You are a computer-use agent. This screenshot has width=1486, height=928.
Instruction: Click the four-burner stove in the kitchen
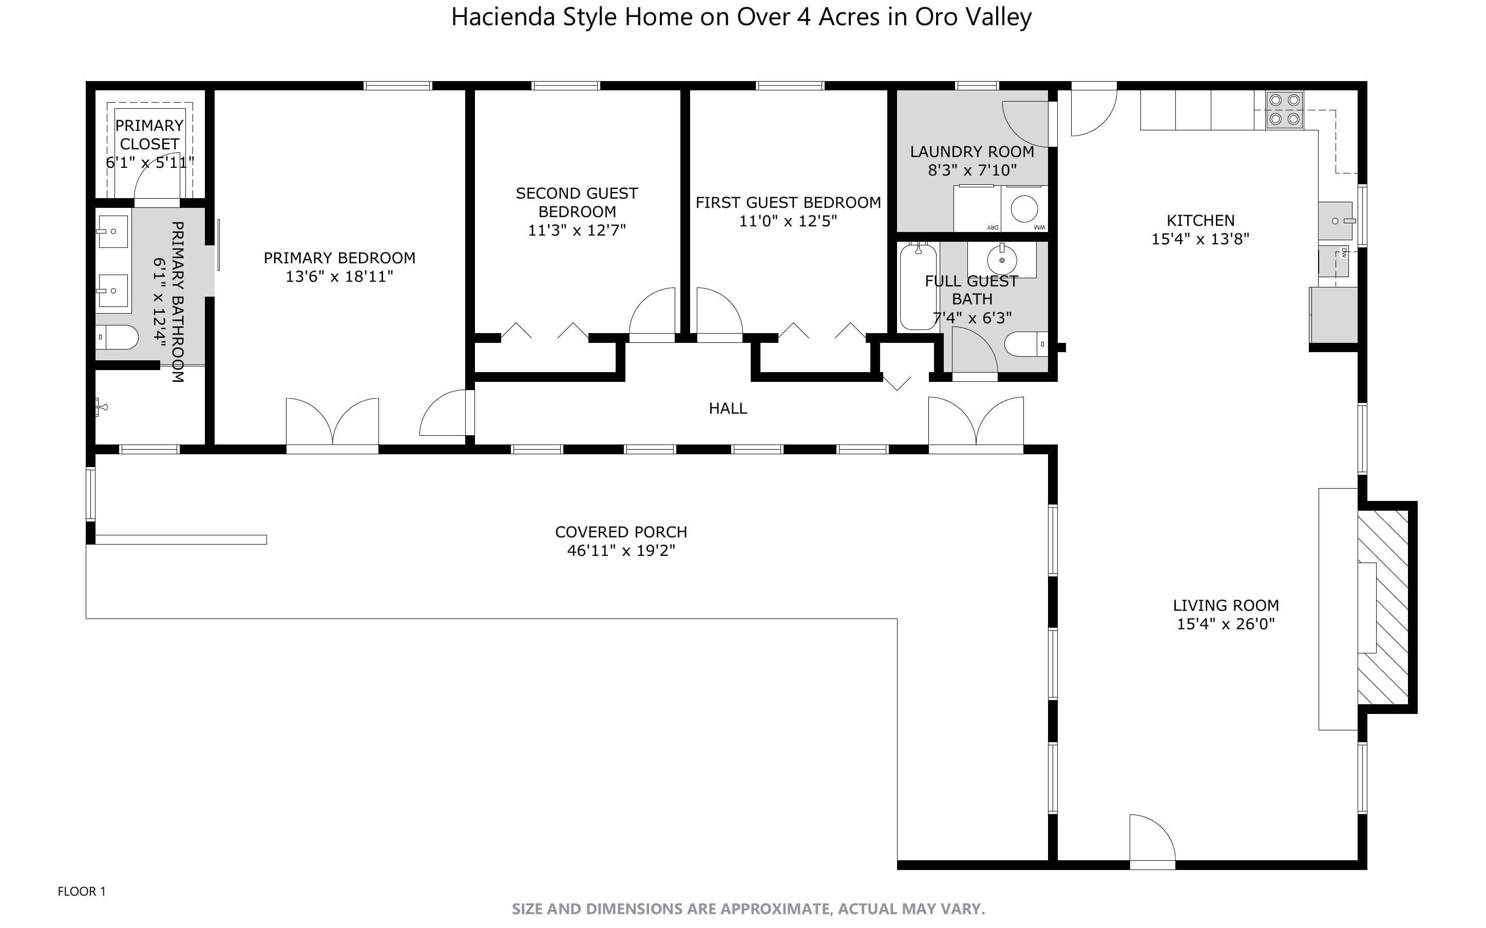(x=1285, y=109)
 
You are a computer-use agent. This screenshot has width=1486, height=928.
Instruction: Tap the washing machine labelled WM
(x=1024, y=209)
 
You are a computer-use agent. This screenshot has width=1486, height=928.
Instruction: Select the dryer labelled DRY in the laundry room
(x=977, y=209)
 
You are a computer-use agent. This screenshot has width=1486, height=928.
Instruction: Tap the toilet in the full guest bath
(x=1025, y=344)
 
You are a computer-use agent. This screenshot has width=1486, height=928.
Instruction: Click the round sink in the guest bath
(x=1002, y=260)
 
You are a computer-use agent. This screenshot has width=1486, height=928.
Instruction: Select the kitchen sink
(x=1335, y=221)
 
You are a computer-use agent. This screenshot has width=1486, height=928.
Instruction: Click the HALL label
(x=728, y=409)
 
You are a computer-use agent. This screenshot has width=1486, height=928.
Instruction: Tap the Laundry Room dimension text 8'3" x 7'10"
(x=971, y=170)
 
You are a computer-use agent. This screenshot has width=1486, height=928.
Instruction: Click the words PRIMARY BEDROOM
(x=339, y=258)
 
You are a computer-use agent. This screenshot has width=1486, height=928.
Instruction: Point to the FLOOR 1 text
(x=82, y=891)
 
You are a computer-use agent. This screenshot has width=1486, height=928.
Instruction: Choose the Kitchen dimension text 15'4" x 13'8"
(x=1200, y=239)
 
